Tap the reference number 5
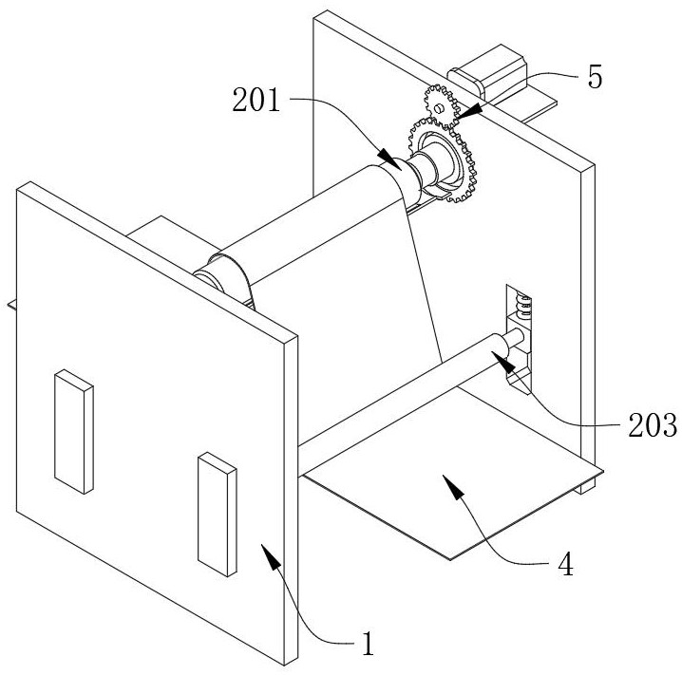click(594, 77)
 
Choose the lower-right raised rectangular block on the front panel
click(216, 513)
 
